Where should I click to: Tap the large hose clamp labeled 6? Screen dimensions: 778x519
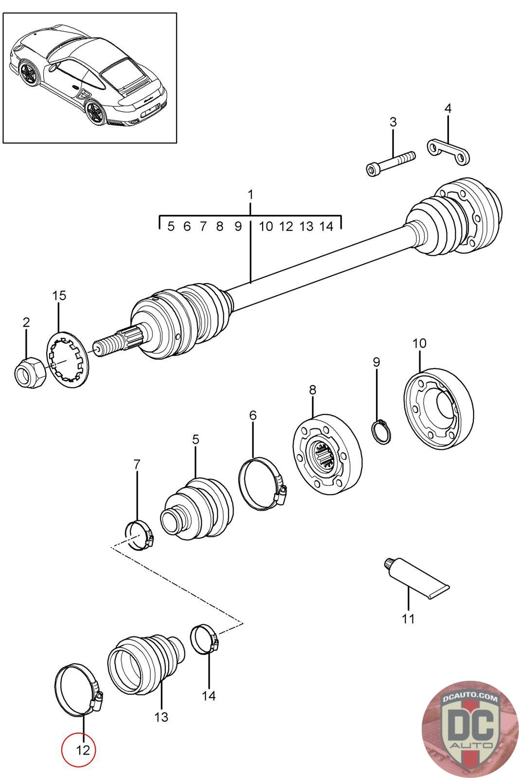tap(263, 483)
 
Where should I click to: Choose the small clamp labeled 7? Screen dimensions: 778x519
tap(140, 535)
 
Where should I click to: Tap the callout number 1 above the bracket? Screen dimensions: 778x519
tap(250, 195)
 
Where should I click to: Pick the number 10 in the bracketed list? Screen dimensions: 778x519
tap(266, 226)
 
